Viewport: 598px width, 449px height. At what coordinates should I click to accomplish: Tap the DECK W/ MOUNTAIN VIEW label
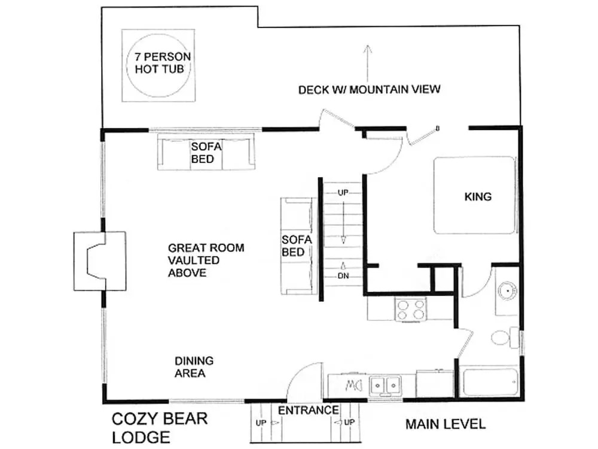click(369, 89)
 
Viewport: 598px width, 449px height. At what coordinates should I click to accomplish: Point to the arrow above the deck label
click(367, 63)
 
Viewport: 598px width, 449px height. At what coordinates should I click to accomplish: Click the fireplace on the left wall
click(100, 261)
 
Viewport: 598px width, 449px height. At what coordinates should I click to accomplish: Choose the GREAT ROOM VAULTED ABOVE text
click(206, 260)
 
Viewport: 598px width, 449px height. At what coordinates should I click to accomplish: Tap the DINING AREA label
click(194, 366)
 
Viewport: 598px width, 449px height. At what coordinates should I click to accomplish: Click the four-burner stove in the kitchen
click(411, 310)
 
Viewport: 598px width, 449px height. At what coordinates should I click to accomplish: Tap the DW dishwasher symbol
click(353, 386)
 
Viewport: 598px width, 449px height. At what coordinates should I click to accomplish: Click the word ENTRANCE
click(308, 411)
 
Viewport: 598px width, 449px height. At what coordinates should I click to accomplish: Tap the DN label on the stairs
click(343, 275)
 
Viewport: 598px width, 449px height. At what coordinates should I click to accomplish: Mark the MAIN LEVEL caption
click(446, 424)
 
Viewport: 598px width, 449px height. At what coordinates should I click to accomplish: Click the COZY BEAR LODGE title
click(160, 428)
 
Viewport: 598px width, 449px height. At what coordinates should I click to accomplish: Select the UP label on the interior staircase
click(343, 193)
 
